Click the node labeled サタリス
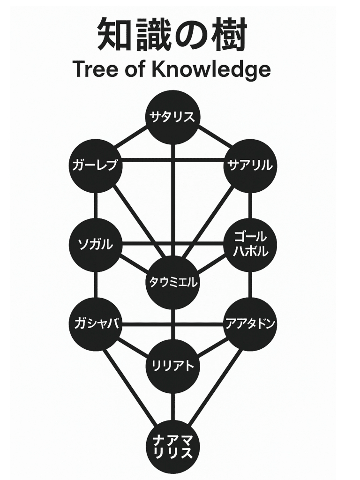pyautogui.click(x=173, y=117)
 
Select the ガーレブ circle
pyautogui.click(x=96, y=165)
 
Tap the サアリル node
pyautogui.click(x=250, y=165)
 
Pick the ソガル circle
pyautogui.click(x=96, y=245)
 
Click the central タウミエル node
pyautogui.click(x=173, y=283)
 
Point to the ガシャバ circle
pyautogui.click(x=96, y=324)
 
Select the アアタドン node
pyautogui.click(x=250, y=324)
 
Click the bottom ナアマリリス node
pyautogui.click(x=173, y=447)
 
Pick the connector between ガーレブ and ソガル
pyautogui.click(x=96, y=205)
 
